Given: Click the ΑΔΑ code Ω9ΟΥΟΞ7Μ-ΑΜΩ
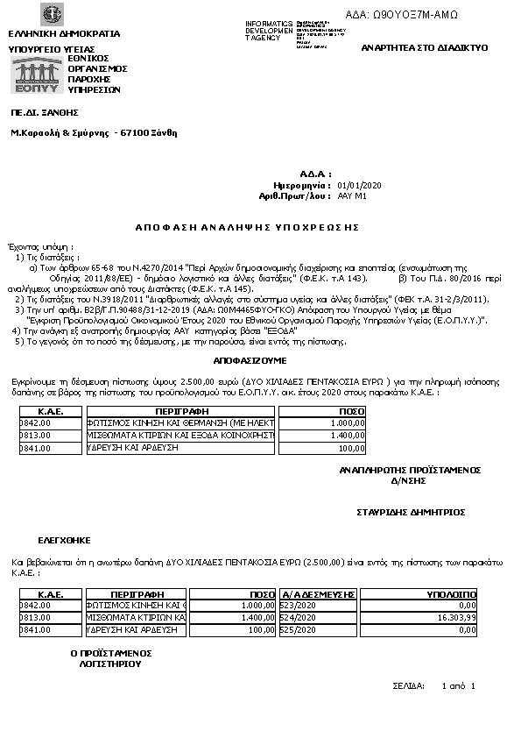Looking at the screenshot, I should [x=414, y=15].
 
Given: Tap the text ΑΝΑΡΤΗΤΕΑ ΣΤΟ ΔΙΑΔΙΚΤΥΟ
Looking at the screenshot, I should [x=424, y=46].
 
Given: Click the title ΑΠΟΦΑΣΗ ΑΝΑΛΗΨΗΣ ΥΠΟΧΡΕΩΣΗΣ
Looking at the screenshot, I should [x=248, y=227].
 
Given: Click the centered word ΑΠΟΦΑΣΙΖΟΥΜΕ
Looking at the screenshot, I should [x=250, y=360].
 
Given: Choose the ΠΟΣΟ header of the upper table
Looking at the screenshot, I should [x=351, y=410].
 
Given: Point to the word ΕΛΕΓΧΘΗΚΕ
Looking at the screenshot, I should [x=63, y=540].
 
